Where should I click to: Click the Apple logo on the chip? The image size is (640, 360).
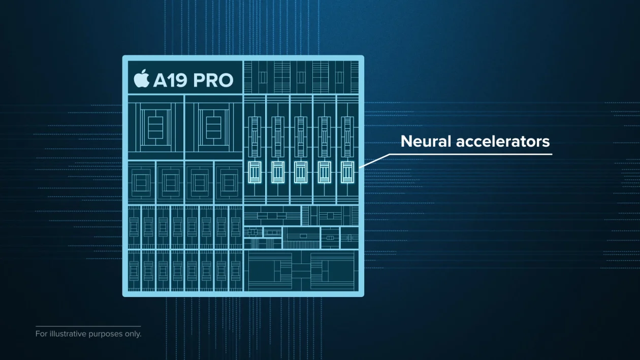(142, 79)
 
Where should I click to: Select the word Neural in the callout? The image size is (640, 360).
(426, 141)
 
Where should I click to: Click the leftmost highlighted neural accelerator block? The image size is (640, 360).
(254, 172)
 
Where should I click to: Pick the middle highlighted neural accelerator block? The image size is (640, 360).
(301, 172)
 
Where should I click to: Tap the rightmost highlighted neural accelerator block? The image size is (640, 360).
(347, 172)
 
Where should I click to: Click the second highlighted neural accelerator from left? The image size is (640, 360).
(277, 172)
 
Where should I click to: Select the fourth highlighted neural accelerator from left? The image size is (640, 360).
(324, 172)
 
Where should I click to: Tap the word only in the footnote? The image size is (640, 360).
(132, 334)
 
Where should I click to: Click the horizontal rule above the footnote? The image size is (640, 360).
(88, 326)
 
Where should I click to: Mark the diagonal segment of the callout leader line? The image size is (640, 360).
(375, 160)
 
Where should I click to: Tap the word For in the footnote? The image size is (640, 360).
(41, 334)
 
